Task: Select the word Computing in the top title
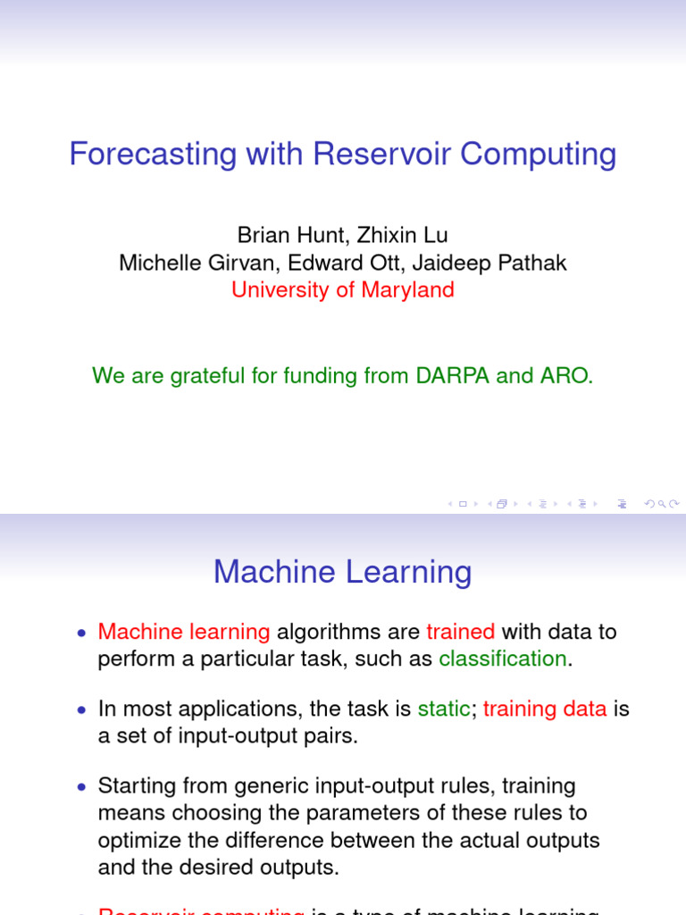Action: pyautogui.click(x=539, y=155)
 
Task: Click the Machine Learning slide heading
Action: pyautogui.click(x=342, y=572)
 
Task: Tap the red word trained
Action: pyautogui.click(x=460, y=632)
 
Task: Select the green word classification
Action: pyautogui.click(x=503, y=659)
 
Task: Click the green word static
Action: pyautogui.click(x=443, y=709)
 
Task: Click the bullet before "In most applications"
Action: pyautogui.click(x=82, y=710)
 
